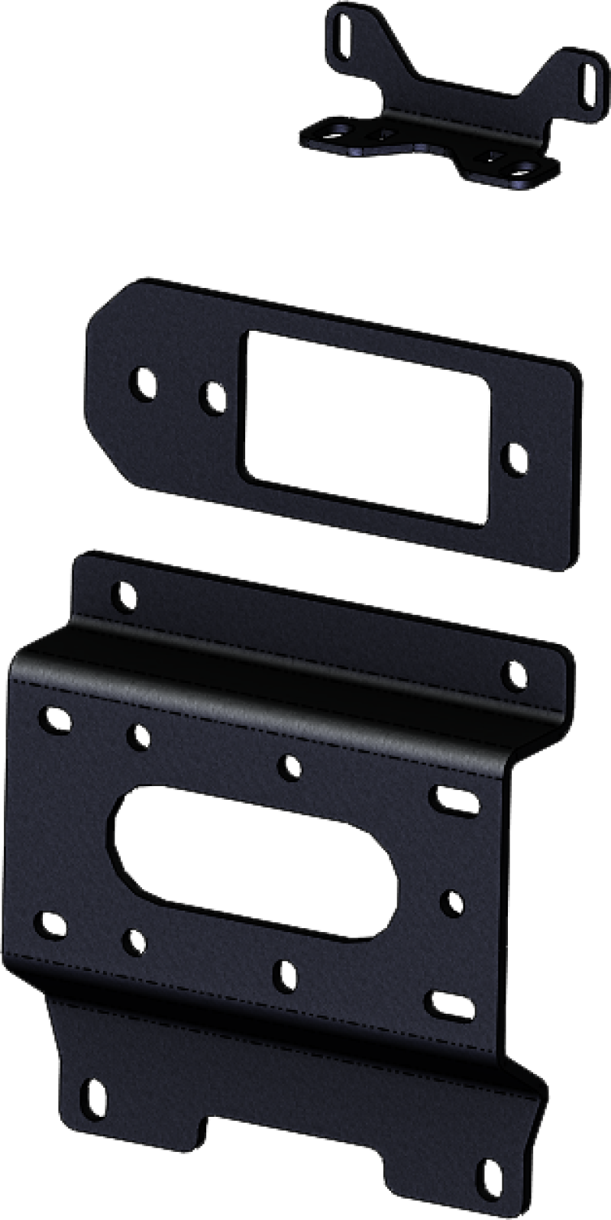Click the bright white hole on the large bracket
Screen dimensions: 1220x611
[x=454, y=901]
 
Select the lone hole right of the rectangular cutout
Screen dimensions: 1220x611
[x=515, y=458]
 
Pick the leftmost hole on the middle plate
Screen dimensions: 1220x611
[x=145, y=381]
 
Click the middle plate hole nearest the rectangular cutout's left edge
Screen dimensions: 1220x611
[x=213, y=395]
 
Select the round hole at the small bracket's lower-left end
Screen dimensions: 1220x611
[x=334, y=134]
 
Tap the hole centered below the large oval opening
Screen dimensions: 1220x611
[x=286, y=972]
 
